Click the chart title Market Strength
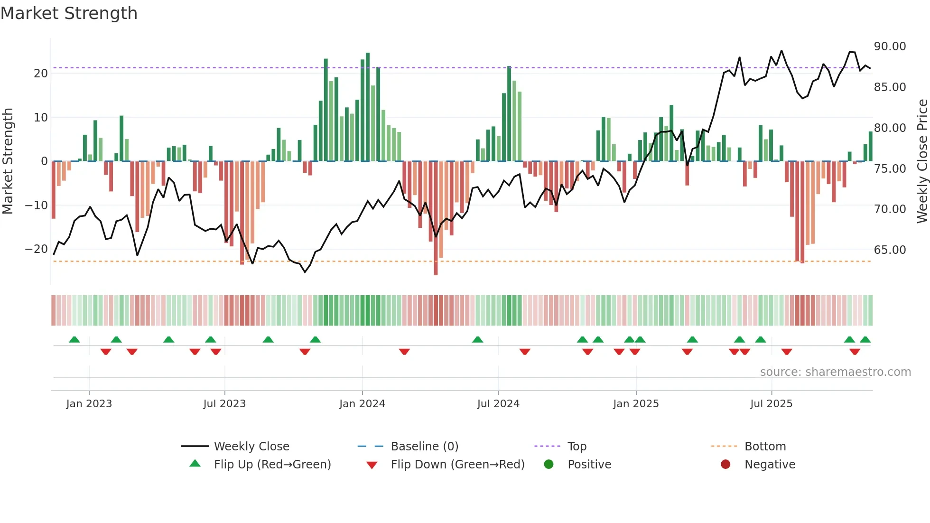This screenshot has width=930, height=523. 69,13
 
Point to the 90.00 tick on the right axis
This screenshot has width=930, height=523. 890,47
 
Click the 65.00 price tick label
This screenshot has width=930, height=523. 890,250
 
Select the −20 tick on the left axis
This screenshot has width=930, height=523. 36,249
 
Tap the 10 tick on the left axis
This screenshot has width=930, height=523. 40,117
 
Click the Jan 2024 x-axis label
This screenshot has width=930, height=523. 362,404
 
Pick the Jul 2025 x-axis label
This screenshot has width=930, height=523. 771,404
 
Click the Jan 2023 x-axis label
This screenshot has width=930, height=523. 89,404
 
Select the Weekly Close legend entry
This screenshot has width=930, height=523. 251,447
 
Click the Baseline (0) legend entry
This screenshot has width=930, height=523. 424,447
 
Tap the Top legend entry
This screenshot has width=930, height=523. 577,447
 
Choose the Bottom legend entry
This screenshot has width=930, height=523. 765,447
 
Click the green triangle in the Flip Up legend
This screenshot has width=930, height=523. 195,464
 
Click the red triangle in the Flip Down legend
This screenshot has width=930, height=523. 372,465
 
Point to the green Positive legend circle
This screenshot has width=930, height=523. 549,465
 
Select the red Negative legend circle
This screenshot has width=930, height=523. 725,465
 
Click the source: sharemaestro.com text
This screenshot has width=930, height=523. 835,372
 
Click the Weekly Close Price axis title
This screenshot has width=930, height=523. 922,161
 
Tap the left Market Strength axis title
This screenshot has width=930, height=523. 8,161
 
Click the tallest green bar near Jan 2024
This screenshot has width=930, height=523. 368,107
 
